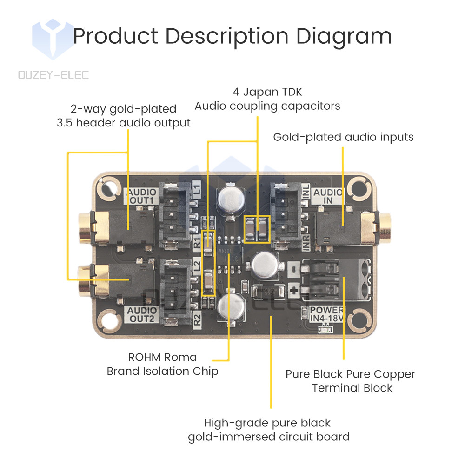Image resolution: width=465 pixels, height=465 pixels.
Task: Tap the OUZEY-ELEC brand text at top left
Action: coord(53,75)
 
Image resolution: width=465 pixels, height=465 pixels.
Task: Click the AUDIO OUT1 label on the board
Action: coord(141,196)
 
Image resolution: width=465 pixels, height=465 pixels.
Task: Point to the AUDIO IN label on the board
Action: coord(328,196)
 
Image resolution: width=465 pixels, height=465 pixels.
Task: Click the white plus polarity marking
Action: coord(293,290)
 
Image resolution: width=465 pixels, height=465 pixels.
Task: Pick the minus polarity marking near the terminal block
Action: coord(293,268)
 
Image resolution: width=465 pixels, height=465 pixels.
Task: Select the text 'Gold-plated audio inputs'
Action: coord(343,137)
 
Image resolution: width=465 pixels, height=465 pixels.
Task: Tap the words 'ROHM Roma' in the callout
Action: coord(162,357)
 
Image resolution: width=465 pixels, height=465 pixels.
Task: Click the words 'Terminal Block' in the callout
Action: coord(352,388)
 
